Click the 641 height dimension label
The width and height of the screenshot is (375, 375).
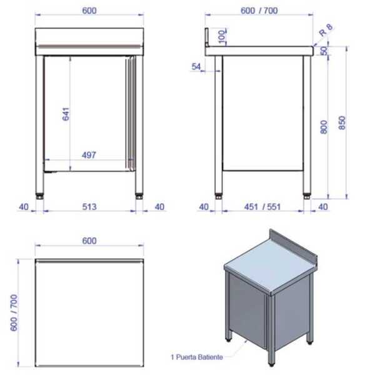(66, 114)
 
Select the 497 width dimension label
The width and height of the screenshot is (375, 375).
(89, 155)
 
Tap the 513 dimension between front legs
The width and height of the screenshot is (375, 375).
(89, 207)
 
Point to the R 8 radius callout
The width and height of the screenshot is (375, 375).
(326, 31)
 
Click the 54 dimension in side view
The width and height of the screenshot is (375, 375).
(196, 66)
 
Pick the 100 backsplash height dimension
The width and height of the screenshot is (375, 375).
(222, 36)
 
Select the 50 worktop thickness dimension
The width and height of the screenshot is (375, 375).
(324, 51)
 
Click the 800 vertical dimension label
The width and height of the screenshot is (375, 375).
(324, 127)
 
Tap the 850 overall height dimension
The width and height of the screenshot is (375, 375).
(342, 123)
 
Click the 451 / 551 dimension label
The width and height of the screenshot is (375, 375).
(262, 207)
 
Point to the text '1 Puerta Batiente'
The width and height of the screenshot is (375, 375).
(197, 357)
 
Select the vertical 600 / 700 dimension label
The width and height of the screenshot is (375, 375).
(14, 313)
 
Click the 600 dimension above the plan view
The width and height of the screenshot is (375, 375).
(89, 241)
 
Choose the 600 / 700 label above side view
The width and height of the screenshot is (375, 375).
(259, 11)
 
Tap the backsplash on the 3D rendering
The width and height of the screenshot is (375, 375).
(294, 242)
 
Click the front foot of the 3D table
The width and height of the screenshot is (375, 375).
(271, 364)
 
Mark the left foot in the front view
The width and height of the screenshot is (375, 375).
(40, 196)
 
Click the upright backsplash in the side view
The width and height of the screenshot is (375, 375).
(207, 37)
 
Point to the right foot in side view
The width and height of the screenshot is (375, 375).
(307, 196)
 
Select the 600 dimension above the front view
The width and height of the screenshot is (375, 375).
(89, 11)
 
